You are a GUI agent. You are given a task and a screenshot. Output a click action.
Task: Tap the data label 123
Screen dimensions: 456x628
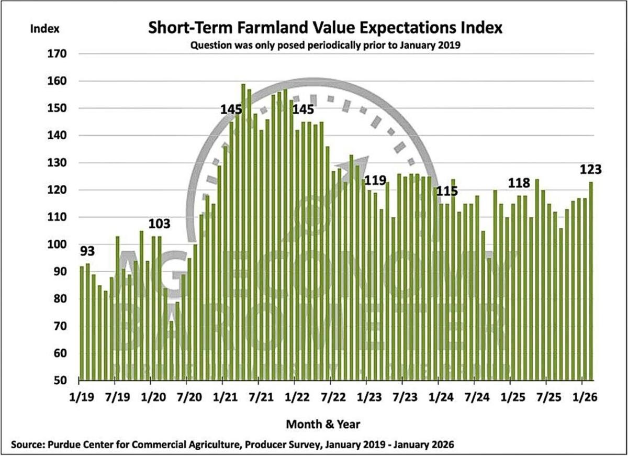coord(590,170)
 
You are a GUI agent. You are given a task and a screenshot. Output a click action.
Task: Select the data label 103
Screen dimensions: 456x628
coord(160,224)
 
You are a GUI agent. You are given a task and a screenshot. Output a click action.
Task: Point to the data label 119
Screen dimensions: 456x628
coord(375,181)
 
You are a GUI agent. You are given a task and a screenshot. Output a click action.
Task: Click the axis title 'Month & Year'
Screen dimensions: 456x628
coord(323,422)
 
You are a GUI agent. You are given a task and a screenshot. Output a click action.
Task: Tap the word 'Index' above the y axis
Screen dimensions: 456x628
coord(46,28)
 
